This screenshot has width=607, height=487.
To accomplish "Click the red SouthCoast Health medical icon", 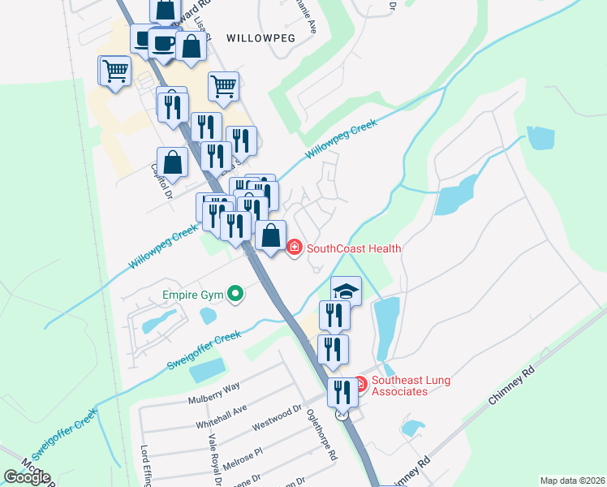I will [x=294, y=248].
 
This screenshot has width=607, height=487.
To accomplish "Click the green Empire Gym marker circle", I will [x=235, y=293].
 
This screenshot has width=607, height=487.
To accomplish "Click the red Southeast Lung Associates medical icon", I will [x=360, y=381].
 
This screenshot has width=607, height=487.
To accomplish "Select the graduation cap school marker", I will [x=346, y=291].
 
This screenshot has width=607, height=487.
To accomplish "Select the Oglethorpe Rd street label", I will [x=322, y=435].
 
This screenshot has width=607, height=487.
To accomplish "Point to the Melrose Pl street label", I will [x=248, y=455].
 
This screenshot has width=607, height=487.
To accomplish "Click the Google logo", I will [x=27, y=477].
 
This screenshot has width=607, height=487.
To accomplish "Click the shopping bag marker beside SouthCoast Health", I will [x=271, y=236].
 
